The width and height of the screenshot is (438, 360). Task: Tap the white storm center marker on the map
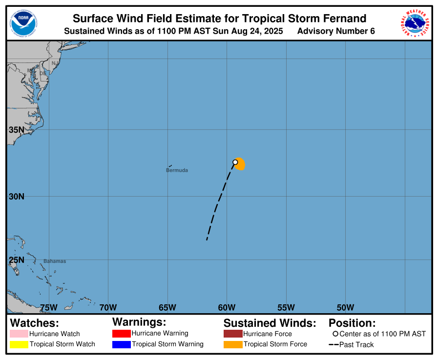pos(235,162)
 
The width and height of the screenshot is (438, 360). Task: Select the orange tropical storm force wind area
pos(240,165)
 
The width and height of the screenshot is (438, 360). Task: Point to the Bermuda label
pos(177,170)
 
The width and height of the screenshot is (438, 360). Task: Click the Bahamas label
pos(55,261)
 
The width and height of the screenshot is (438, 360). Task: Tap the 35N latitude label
pos(16,130)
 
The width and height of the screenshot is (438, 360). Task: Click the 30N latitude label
pos(16,196)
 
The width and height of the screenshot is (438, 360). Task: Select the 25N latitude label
pos(16,260)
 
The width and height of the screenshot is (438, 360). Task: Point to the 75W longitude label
pos(49,307)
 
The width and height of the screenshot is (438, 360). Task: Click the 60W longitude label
pos(227,307)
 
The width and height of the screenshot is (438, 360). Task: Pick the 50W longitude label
pos(345,307)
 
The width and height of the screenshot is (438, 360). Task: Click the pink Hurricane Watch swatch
pos(19,334)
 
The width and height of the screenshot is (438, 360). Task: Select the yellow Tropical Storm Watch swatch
pos(19,344)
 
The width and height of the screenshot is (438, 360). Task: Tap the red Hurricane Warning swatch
pos(121,334)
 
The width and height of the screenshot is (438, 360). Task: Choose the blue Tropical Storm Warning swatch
pos(121,344)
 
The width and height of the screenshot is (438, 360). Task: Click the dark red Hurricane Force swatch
pos(233,334)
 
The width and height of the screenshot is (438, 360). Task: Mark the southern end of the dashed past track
pos(207,240)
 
